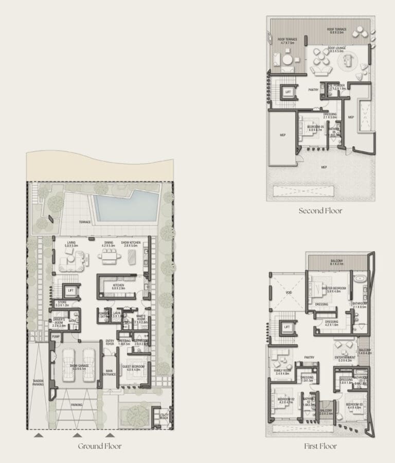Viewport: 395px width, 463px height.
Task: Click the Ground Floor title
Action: (x=100, y=446)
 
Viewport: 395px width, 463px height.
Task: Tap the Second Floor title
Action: (x=320, y=210)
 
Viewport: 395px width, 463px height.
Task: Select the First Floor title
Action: (x=320, y=446)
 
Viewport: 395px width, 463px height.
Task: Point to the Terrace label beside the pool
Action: (x=85, y=222)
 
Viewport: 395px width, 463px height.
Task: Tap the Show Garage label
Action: (x=80, y=366)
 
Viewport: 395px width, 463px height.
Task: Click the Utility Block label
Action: (x=164, y=415)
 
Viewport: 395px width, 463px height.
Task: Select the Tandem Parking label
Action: (x=38, y=383)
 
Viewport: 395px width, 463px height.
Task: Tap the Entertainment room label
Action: (x=345, y=359)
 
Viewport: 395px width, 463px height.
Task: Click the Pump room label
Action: (x=55, y=336)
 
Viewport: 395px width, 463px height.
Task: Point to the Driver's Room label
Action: (x=59, y=322)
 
